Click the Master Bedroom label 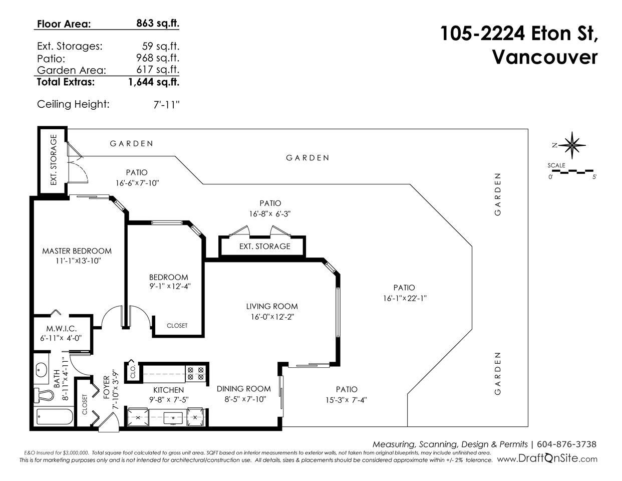pyautogui.click(x=77, y=251)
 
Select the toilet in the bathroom pyautogui.click(x=44, y=395)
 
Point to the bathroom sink pyautogui.click(x=42, y=370)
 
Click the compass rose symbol pyautogui.click(x=572, y=145)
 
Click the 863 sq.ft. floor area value pyautogui.click(x=158, y=23)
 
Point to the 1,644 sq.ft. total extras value pyautogui.click(x=154, y=82)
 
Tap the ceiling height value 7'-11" pyautogui.click(x=166, y=105)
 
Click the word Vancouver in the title pyautogui.click(x=545, y=57)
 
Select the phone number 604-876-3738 pyautogui.click(x=566, y=444)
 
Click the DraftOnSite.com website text pyautogui.click(x=547, y=459)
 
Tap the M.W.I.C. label pyautogui.click(x=61, y=329)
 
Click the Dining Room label pyautogui.click(x=243, y=389)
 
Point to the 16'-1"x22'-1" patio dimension pyautogui.click(x=405, y=298)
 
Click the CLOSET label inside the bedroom pyautogui.click(x=177, y=326)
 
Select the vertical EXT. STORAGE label pyautogui.click(x=54, y=160)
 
